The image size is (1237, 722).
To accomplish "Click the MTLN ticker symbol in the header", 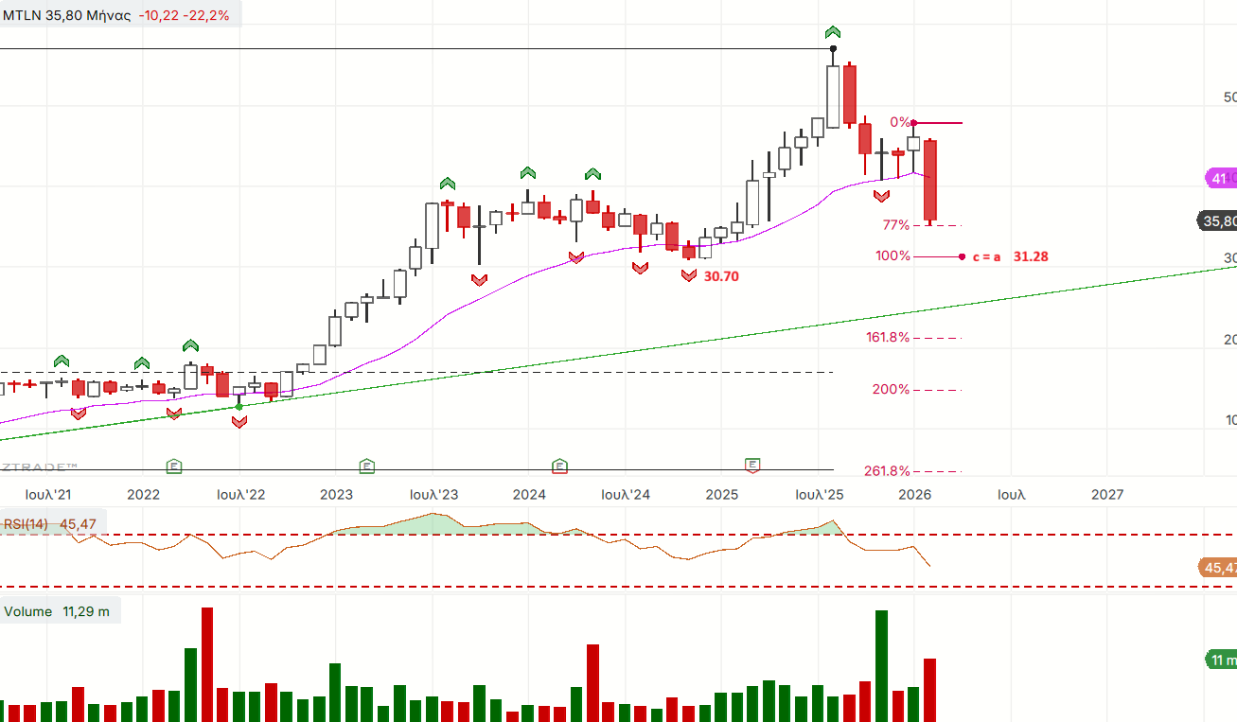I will (x=21, y=15).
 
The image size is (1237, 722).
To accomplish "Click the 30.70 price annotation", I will (x=721, y=276).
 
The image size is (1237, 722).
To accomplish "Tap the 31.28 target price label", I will (x=1031, y=256).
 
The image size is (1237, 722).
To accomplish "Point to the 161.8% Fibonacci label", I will (x=887, y=338).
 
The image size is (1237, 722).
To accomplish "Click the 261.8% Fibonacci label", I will (x=887, y=471).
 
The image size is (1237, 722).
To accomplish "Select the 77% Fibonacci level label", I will (x=895, y=225).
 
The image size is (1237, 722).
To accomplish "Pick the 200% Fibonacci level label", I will (x=891, y=390).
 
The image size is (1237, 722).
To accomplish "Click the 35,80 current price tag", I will (x=1218, y=221).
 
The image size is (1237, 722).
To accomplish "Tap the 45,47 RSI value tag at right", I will (x=1218, y=568).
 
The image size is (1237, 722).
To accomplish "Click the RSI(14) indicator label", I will (x=26, y=524).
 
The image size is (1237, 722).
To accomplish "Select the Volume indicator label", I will (x=28, y=611).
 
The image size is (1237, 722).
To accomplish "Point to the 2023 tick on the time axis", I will (x=336, y=494).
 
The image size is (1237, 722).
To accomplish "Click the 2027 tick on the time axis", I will (x=1107, y=494).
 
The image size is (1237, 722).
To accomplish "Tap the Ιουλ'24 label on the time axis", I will (x=626, y=494).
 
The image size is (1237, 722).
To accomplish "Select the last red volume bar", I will (x=929, y=689).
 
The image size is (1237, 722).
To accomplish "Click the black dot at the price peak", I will (x=833, y=48).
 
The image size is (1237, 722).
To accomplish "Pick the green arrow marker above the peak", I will (x=833, y=32).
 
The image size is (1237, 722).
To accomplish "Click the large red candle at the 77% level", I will (x=930, y=180).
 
